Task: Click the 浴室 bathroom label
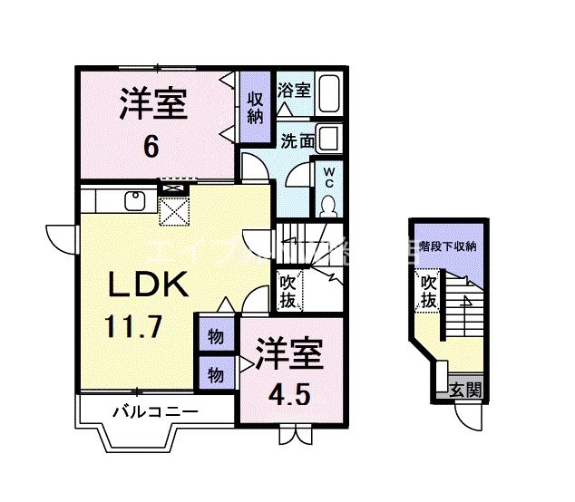295,91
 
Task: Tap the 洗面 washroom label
297,140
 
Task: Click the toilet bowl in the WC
328,204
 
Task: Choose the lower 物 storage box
216,373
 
